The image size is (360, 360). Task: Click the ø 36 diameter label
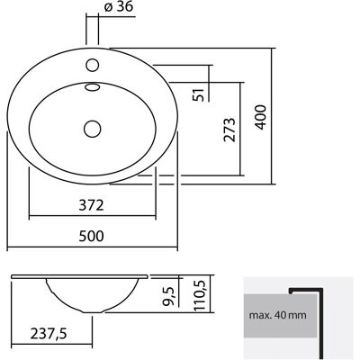pos(118,6)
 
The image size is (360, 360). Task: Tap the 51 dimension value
pos(200,94)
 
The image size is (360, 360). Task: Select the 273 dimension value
pos(229,130)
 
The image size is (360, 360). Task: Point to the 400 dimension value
pos(261,117)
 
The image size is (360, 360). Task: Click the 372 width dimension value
pos(91,205)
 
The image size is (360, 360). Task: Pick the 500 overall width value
pos(91,236)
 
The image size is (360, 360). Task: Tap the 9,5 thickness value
pos(168,296)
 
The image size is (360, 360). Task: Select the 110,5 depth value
pos(200,295)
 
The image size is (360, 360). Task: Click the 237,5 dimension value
pos(49,334)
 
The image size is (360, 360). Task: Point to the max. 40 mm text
pos(278,315)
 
